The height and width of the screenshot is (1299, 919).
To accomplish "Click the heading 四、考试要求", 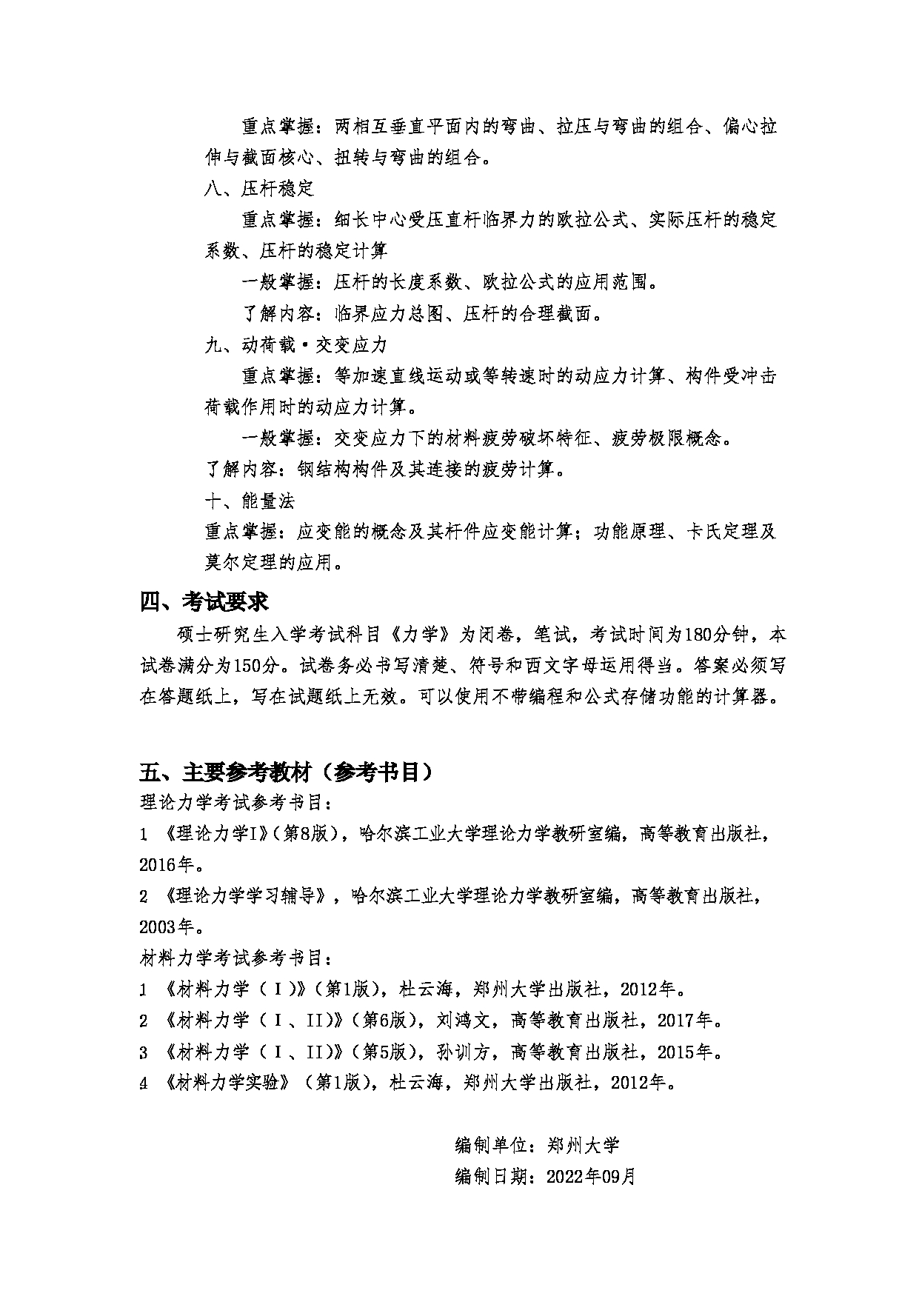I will (204, 602).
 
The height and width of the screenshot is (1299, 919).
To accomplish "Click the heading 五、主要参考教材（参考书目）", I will (287, 772).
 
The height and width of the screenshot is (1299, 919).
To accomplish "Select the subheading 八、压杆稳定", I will (259, 189).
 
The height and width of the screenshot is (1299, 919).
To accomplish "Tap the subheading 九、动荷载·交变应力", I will (295, 345).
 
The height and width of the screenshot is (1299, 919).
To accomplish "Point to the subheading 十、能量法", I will (250, 501).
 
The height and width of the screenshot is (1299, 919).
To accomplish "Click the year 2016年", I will (167, 864).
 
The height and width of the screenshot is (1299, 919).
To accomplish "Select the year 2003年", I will (167, 926).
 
